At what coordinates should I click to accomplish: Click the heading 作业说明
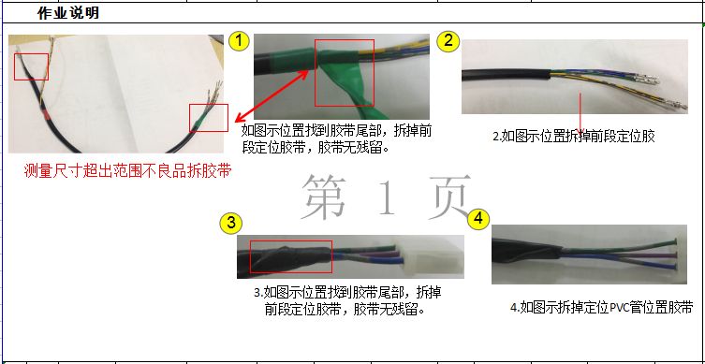point(67,14)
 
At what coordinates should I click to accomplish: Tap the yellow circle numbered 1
point(240,40)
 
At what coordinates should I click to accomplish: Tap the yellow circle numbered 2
point(449,40)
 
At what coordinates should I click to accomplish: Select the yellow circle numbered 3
point(231,223)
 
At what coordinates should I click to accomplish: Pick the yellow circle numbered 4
point(478,218)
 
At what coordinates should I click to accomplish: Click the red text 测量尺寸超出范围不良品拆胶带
point(127,170)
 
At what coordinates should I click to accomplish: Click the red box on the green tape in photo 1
point(344,72)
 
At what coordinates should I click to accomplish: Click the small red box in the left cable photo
point(208,116)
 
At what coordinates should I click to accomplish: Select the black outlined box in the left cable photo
point(32,66)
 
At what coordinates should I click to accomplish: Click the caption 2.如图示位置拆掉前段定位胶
point(573,136)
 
